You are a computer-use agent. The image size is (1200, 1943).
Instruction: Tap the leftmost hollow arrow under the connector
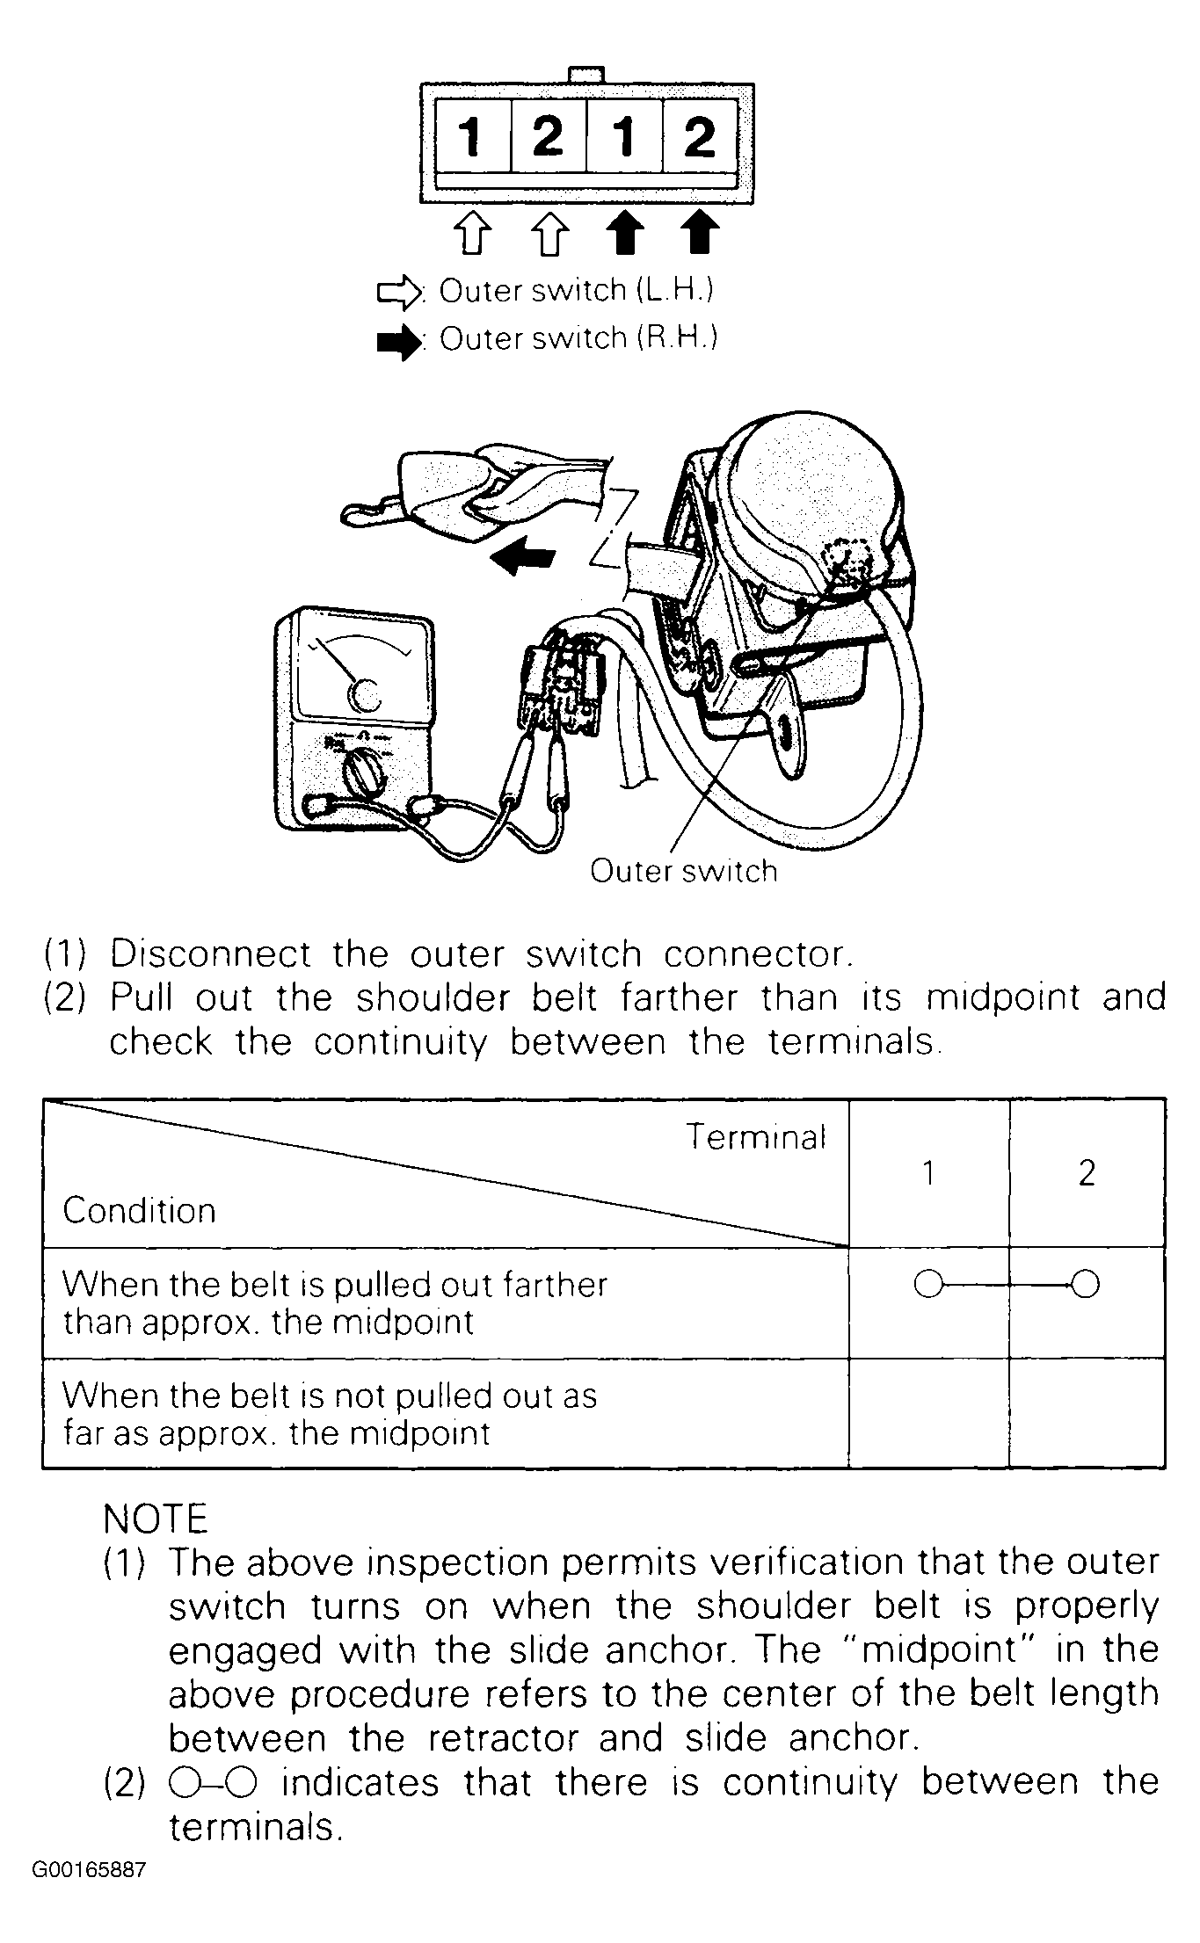coord(472,234)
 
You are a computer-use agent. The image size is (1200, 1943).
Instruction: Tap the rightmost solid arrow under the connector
coord(700,233)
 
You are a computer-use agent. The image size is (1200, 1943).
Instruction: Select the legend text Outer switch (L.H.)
coord(576,291)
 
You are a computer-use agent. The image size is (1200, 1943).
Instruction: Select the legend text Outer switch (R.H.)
coord(578,338)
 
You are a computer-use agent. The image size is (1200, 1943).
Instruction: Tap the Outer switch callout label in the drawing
coord(683,871)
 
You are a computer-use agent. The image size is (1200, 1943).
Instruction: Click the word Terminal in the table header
coord(756,1137)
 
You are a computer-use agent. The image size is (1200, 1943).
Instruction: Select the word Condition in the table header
coord(139,1211)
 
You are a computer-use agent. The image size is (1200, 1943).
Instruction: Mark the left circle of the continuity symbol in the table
coord(927,1285)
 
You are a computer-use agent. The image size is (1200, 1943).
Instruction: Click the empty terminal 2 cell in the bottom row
coord(1087,1412)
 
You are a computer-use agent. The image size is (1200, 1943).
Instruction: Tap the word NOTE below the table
coord(155,1519)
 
